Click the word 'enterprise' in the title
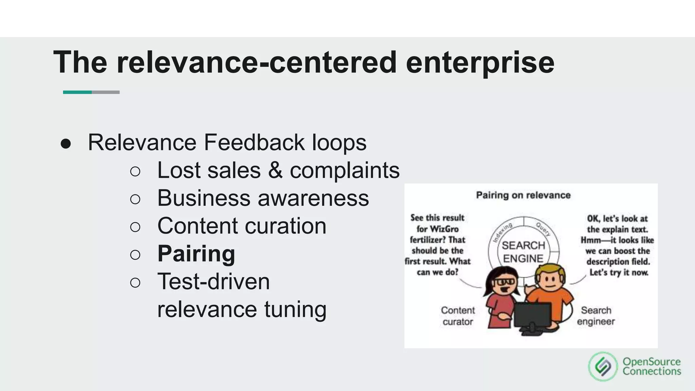click(480, 62)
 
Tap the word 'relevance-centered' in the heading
click(257, 62)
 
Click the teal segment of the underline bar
click(77, 92)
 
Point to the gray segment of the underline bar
click(106, 92)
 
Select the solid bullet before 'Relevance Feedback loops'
click(66, 144)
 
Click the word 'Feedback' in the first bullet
click(254, 142)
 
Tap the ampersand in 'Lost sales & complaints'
click(275, 170)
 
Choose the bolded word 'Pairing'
click(196, 254)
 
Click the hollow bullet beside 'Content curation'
click(135, 227)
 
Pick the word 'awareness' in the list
click(313, 198)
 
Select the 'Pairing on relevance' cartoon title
click(523, 195)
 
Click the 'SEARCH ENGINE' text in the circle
click(523, 252)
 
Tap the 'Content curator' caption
click(457, 316)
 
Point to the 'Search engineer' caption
click(596, 316)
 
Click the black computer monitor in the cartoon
click(532, 316)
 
